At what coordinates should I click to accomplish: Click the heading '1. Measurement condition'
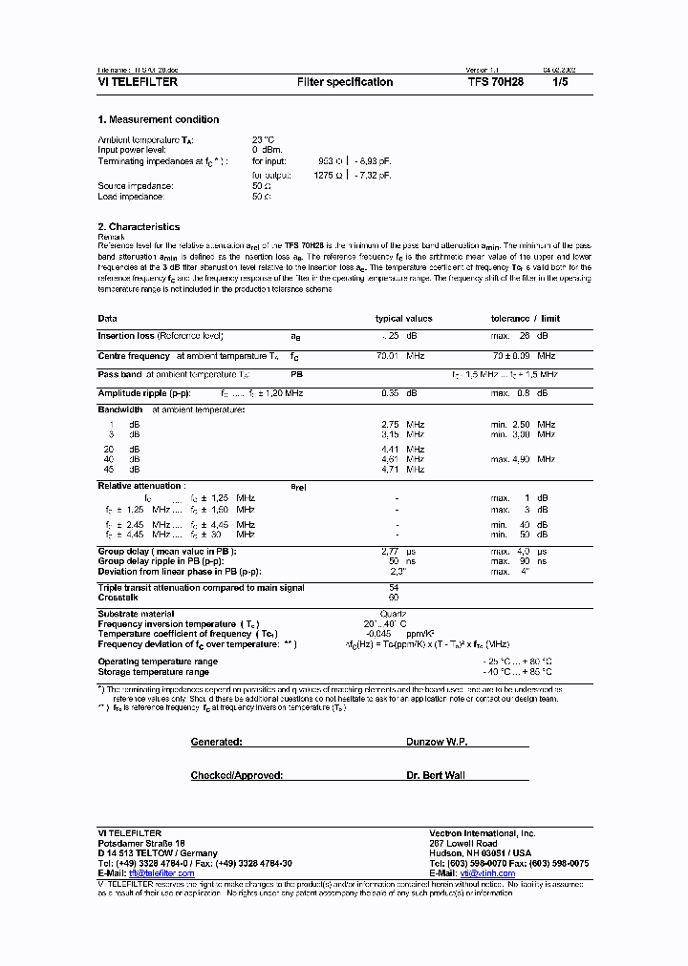coord(159,119)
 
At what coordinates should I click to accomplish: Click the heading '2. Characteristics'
coord(139,227)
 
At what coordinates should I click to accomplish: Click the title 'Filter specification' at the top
coord(345,82)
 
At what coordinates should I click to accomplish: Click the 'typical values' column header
coord(403,319)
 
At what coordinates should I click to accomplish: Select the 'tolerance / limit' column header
coord(526,319)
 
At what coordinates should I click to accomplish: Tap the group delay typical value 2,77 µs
coord(399,552)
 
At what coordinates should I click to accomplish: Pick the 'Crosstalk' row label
coord(118,597)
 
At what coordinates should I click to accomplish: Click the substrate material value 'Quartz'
coord(393,614)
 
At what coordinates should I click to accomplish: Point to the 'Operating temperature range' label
coord(158,661)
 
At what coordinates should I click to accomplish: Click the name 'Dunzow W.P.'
coord(436,741)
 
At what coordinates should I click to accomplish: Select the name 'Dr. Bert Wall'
coord(436,775)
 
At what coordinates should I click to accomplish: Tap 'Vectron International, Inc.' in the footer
coord(483,833)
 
